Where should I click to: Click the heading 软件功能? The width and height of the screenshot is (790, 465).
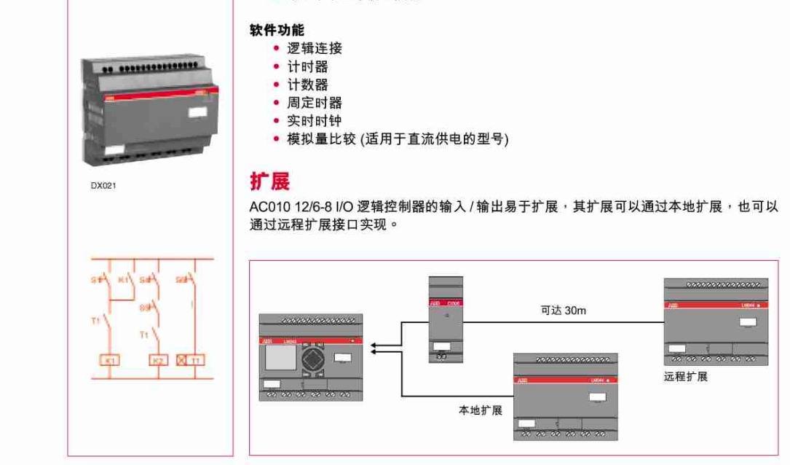coord(277,30)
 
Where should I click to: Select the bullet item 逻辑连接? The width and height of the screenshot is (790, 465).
coord(314,49)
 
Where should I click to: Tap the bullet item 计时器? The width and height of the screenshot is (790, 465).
coord(307,67)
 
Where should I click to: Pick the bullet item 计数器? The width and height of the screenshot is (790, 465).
coord(307,85)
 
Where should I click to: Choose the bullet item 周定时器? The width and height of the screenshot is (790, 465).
coord(314,103)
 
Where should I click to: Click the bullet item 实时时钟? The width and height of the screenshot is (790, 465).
coord(314,121)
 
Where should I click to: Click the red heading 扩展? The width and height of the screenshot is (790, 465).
coord(269,180)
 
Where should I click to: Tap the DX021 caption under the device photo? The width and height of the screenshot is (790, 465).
coord(103,185)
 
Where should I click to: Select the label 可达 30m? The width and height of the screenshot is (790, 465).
coord(563,310)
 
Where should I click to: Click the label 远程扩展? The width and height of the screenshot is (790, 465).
coord(685,377)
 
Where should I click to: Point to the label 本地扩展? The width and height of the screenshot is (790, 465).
coord(481,410)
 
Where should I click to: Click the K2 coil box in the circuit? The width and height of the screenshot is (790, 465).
coord(158,360)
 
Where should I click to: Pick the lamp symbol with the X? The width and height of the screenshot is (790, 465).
coord(181,360)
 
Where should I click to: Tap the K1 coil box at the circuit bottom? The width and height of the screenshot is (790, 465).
coord(111,360)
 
